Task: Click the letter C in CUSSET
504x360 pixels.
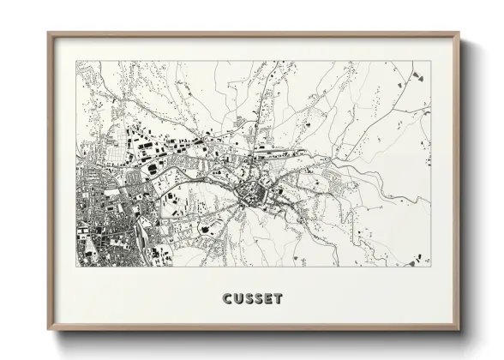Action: (x=228, y=299)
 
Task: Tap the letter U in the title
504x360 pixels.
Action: (x=238, y=299)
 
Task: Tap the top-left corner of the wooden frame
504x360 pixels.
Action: (x=49, y=33)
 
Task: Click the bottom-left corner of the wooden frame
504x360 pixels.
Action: (x=49, y=329)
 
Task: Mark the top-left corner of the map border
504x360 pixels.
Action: (x=77, y=61)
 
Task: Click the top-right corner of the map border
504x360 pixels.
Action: (x=430, y=61)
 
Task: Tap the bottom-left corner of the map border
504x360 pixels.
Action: (x=77, y=266)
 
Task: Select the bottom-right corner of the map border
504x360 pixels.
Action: (x=430, y=266)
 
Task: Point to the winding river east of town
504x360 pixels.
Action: (x=377, y=184)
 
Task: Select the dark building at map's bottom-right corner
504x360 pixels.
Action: (x=413, y=259)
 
